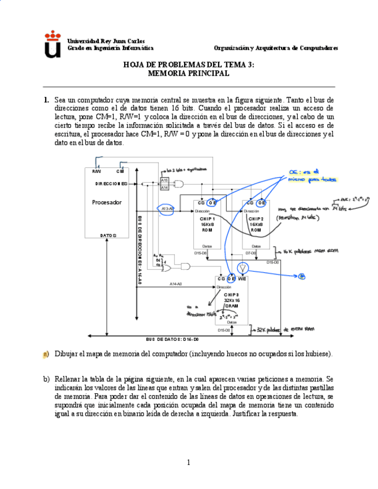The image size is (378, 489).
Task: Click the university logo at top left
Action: click(53, 44)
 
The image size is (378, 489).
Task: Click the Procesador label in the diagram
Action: click(107, 202)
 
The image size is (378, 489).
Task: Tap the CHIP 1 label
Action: click(208, 219)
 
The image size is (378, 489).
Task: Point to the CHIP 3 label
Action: click(231, 295)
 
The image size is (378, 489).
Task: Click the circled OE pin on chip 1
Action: click(212, 202)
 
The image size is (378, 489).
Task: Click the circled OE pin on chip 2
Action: click(261, 202)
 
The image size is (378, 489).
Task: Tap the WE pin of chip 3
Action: click(242, 279)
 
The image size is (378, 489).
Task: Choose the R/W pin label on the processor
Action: click(96, 171)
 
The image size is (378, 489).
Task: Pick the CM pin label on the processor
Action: click(120, 171)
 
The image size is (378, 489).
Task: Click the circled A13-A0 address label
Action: click(167, 208)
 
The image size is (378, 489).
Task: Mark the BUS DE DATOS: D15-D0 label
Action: click(172, 339)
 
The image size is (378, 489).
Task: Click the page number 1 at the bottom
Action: click(188, 462)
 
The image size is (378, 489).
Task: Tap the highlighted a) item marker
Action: click(46, 353)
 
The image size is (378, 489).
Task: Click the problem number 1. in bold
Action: click(46, 100)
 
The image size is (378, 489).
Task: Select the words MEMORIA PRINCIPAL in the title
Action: click(188, 73)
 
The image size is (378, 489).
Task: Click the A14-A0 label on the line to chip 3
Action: click(175, 284)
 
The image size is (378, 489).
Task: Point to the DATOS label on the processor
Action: click(108, 235)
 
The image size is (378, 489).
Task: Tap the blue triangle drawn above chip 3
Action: click(243, 268)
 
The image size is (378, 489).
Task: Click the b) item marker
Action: click(46, 379)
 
